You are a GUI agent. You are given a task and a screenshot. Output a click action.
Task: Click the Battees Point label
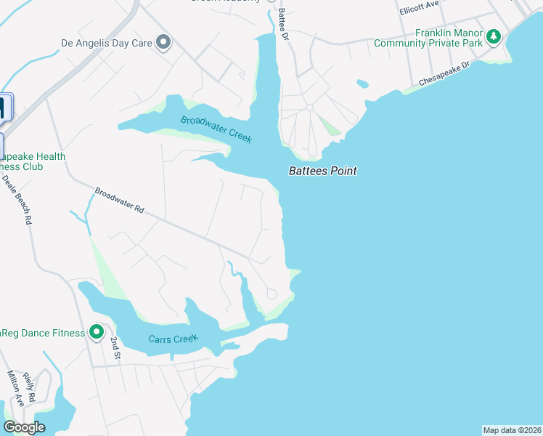click(x=323, y=171)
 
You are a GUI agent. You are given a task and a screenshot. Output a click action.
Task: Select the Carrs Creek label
click(x=173, y=339)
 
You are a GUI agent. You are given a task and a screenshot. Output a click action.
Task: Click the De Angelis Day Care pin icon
click(x=163, y=43)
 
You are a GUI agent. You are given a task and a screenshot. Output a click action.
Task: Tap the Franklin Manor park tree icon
click(x=494, y=36)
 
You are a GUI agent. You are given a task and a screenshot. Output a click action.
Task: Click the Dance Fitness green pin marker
click(x=96, y=333)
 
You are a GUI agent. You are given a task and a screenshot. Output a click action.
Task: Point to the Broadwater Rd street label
click(x=120, y=201)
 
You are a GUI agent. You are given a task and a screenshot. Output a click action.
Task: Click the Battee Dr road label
click(x=282, y=23)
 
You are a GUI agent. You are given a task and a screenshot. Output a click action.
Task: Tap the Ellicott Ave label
click(x=420, y=8)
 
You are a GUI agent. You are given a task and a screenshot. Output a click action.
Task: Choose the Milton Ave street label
click(x=17, y=388)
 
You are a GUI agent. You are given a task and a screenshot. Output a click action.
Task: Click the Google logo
click(x=24, y=427)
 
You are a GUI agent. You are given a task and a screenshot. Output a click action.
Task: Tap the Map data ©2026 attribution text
click(x=511, y=430)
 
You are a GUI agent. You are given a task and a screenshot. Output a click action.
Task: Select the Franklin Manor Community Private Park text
click(x=428, y=39)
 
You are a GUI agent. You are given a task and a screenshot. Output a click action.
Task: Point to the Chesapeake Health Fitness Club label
click(x=33, y=161)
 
